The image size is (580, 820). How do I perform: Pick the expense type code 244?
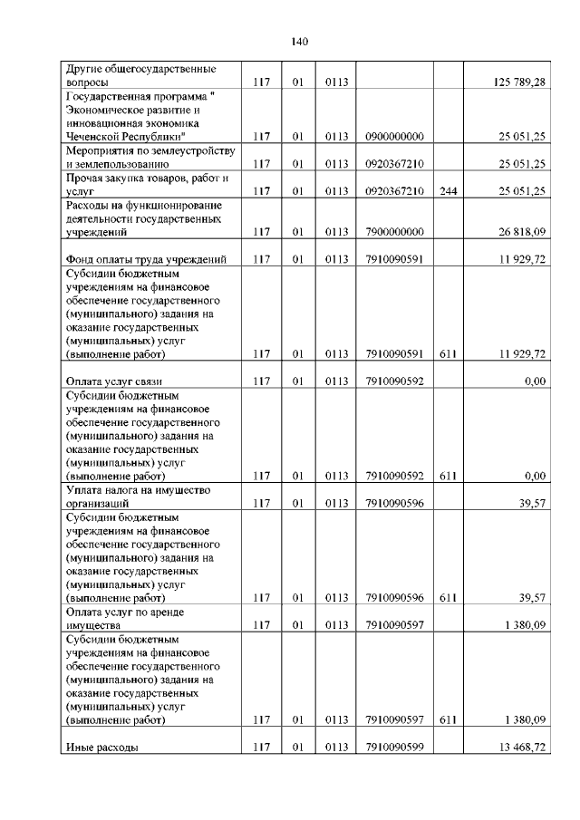pos(447,191)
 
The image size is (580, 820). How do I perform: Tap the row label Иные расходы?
pos(101,748)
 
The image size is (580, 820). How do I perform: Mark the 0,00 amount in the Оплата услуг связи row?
pos(535,381)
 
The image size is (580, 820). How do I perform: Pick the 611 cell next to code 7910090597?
pos(447,720)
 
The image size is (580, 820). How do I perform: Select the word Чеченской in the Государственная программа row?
pos(92,137)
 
